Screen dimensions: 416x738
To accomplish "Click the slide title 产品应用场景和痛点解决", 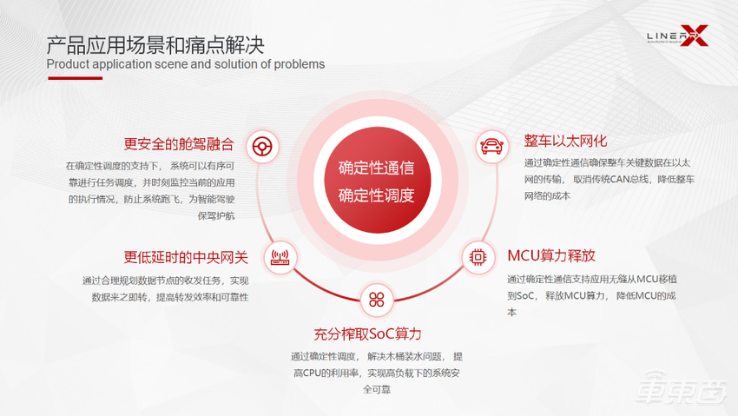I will pos(155,43).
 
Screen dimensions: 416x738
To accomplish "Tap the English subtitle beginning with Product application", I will pos(185,63).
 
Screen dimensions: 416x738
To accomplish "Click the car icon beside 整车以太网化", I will pos(492,145).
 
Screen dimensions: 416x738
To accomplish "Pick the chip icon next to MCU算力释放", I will pos(478,256).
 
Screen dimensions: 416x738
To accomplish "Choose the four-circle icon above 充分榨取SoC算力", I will pos(376,299).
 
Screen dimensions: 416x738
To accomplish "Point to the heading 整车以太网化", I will pos(565,141).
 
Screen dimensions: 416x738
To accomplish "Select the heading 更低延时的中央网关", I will pos(186,257).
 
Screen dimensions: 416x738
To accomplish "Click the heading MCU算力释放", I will pos(551,256).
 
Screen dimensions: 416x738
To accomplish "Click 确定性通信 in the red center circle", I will pos(376,168).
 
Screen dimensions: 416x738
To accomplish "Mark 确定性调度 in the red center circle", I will pos(376,195).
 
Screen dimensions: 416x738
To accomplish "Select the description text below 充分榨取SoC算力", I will pos(377,373).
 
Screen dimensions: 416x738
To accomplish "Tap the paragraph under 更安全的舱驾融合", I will pos(151,189).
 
